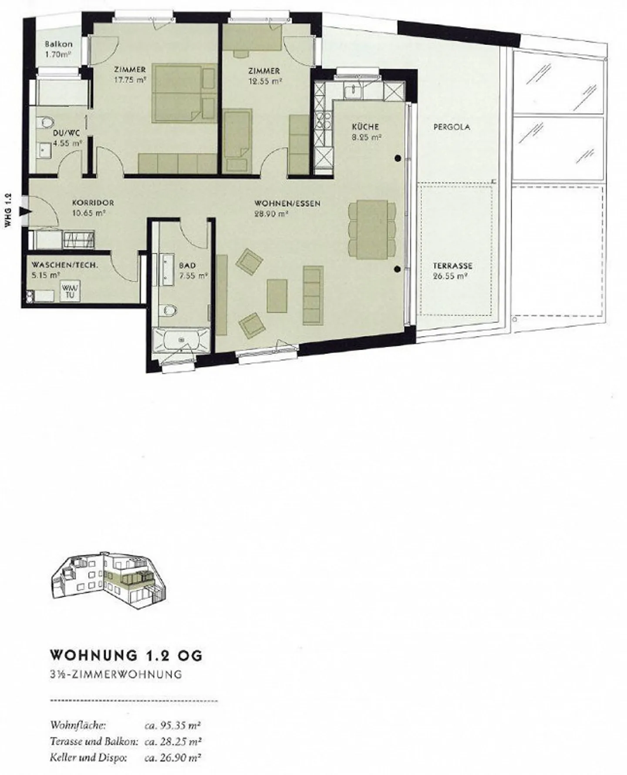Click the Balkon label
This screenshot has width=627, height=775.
click(59, 44)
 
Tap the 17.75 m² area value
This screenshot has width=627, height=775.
click(130, 80)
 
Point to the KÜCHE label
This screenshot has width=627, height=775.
click(365, 127)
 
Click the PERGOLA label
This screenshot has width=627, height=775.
click(452, 127)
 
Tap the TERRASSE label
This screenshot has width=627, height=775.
click(452, 266)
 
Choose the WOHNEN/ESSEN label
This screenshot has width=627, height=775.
click(287, 203)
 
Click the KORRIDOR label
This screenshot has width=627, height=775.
click(93, 203)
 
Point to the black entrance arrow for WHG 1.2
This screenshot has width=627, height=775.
click(27, 211)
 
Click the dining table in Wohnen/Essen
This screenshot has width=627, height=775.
click(372, 229)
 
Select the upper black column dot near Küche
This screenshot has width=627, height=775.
click(398, 159)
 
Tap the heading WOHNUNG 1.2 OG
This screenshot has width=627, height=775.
click(127, 656)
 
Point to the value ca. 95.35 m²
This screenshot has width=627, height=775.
click(172, 725)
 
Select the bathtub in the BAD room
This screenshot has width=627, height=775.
click(180, 339)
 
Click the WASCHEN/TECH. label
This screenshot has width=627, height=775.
click(65, 265)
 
